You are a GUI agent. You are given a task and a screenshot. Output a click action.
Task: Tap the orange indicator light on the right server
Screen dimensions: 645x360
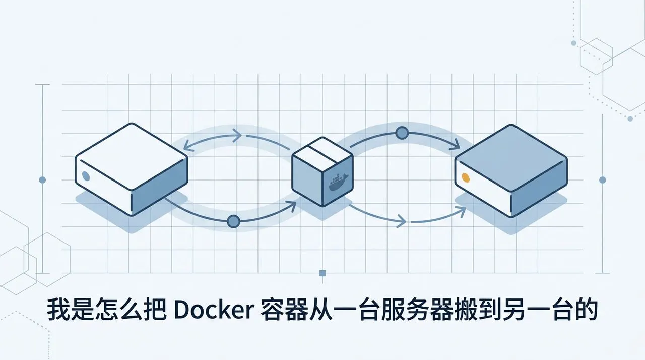tap(466, 177)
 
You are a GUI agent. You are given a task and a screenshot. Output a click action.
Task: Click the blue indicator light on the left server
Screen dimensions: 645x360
tap(86, 175)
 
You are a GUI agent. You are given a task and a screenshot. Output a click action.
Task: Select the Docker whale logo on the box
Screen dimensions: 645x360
tap(339, 182)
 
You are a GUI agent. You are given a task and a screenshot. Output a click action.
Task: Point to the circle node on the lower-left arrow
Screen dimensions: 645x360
tap(233, 221)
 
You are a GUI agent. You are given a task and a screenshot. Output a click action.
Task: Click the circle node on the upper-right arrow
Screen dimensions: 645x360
tap(402, 133)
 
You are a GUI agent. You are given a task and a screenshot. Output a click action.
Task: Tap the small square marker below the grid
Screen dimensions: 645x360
tap(322, 273)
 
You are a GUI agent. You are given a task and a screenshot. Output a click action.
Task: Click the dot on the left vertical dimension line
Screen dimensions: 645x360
tap(42, 180)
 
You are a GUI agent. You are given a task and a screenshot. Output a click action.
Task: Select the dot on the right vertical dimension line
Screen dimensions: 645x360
tap(602, 180)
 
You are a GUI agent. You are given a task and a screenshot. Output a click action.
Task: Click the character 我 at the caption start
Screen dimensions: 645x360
tap(58, 310)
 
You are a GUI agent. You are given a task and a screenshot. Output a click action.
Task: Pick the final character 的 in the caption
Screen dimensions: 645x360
tap(587, 310)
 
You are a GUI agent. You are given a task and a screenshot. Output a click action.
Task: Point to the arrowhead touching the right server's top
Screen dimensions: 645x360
tap(455, 144)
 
